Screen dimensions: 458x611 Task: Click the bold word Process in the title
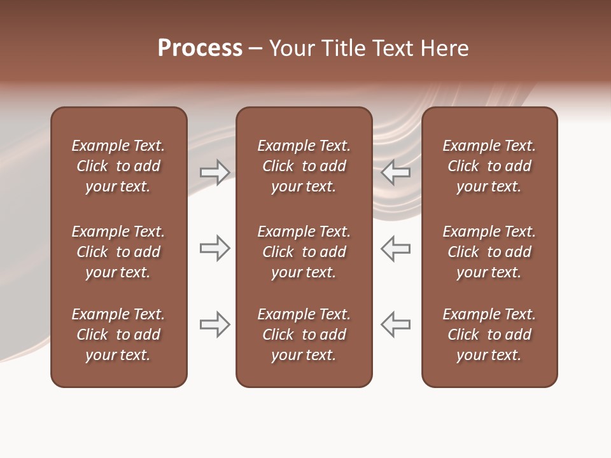(x=200, y=48)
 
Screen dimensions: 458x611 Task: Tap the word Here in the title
(x=444, y=48)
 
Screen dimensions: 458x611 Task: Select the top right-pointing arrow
(x=215, y=172)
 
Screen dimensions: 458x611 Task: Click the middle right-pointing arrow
(x=215, y=248)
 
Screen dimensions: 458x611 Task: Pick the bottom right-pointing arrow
(x=215, y=324)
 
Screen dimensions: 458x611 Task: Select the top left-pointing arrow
(x=396, y=172)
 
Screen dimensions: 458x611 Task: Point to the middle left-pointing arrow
(x=396, y=248)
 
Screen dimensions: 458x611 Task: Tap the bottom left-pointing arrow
(x=396, y=324)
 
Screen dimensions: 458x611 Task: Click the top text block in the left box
(x=118, y=166)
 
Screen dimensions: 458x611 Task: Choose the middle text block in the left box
(x=118, y=252)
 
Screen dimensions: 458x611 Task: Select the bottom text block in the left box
(x=118, y=335)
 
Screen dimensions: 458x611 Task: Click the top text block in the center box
(x=304, y=166)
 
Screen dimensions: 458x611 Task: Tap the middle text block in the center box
(x=304, y=252)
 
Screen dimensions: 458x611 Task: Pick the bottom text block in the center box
(x=304, y=335)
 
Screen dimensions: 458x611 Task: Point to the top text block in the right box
(x=489, y=166)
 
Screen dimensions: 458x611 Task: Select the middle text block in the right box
(x=489, y=252)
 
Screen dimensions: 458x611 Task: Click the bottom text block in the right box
(x=489, y=335)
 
